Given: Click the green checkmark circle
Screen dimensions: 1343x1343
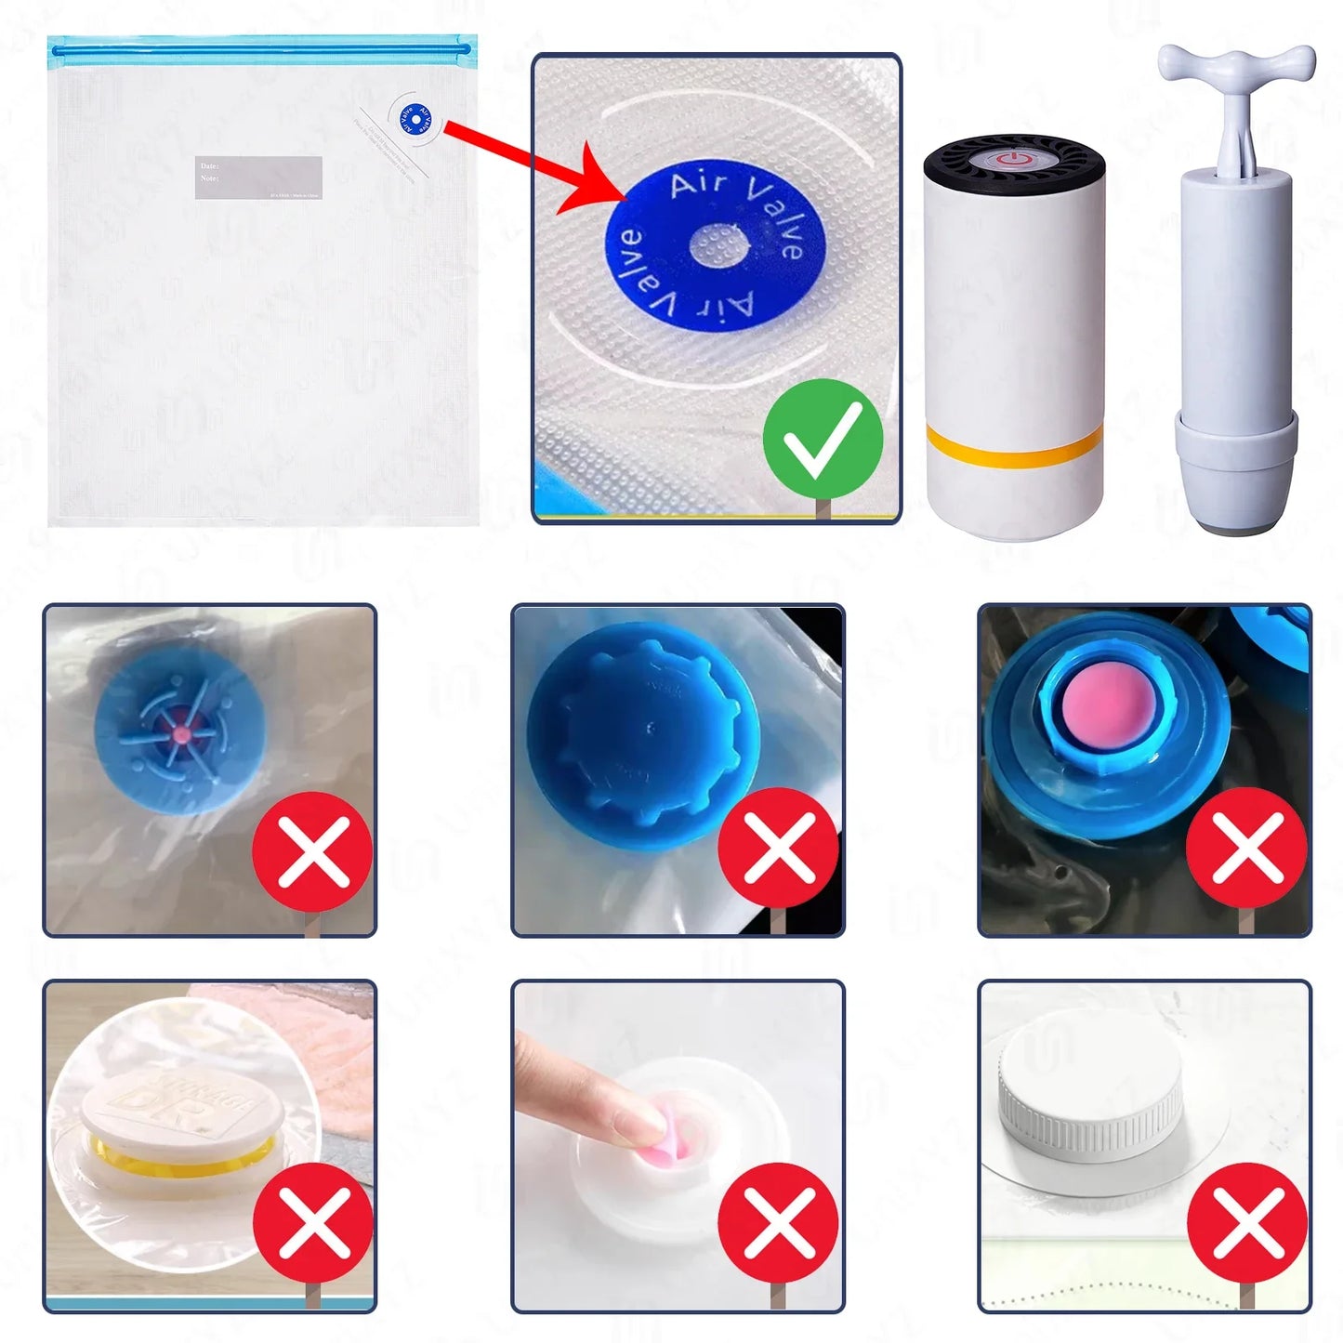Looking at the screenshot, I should click(x=823, y=439).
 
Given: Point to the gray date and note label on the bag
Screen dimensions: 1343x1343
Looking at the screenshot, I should click(x=258, y=177).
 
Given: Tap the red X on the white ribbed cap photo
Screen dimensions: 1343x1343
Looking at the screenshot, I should click(x=1247, y=1223).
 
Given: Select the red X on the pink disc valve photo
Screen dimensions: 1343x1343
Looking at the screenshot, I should click(x=1247, y=848).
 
